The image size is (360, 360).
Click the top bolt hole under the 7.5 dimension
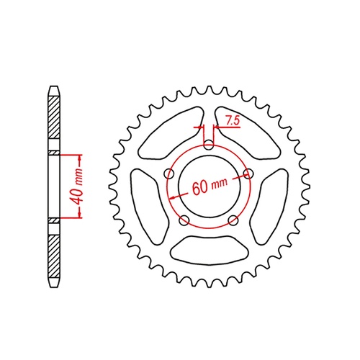tap(208, 145)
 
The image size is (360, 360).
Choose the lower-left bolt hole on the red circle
tap(184, 220)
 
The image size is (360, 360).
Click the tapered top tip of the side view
tap(53, 89)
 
